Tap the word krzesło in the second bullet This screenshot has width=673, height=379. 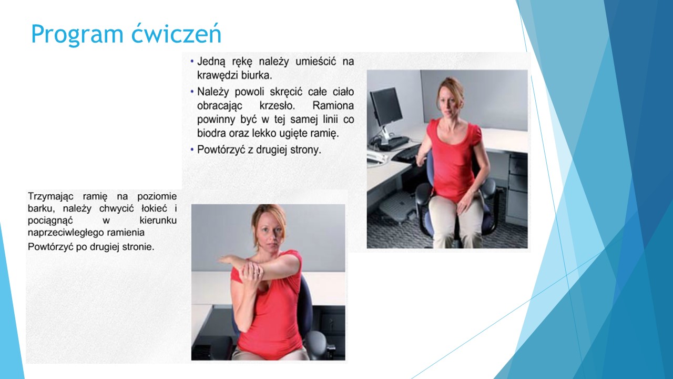click(277, 106)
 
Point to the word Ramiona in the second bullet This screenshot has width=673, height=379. click(333, 106)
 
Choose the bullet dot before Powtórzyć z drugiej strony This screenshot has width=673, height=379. click(192, 149)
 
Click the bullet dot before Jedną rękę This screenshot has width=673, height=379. click(192, 62)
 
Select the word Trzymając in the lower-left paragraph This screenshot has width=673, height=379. click(50, 197)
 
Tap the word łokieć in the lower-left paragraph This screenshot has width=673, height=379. click(154, 208)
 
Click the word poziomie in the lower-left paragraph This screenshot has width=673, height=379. click(157, 197)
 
